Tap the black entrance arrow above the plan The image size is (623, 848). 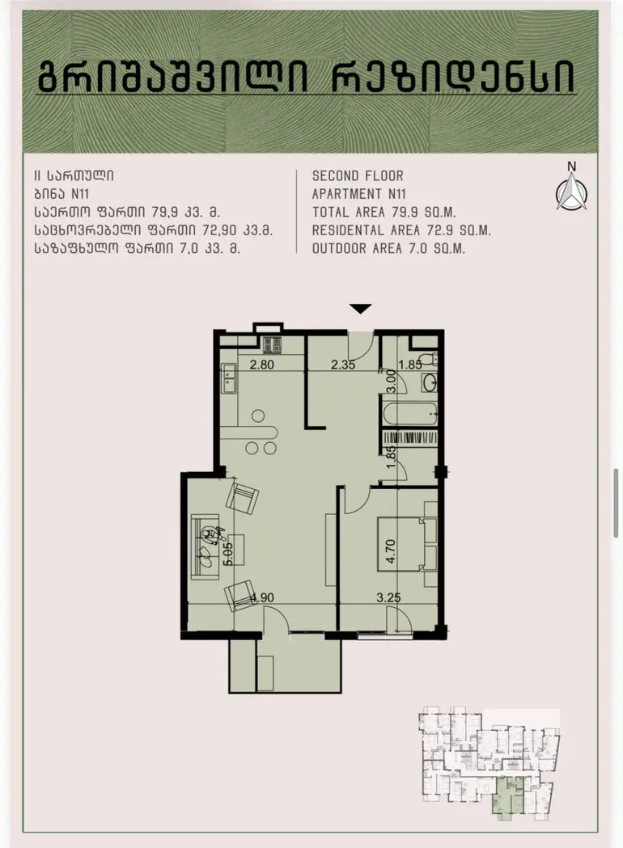click(x=361, y=309)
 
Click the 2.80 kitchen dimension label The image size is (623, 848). click(x=261, y=365)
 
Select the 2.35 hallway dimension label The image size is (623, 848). click(x=343, y=365)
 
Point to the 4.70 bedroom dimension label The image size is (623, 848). click(x=391, y=551)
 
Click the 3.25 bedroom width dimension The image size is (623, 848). click(x=388, y=597)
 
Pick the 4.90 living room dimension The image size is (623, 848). click(x=262, y=597)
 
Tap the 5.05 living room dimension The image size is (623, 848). click(x=228, y=554)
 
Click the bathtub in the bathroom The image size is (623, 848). click(x=409, y=414)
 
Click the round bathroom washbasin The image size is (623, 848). click(x=430, y=382)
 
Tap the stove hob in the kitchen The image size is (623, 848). click(x=272, y=344)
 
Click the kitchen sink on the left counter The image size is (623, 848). click(x=228, y=378)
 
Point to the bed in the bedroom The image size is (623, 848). click(x=407, y=543)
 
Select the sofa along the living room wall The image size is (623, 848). click(x=205, y=546)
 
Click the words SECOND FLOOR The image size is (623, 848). click(x=358, y=175)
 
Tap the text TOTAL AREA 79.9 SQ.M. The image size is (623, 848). click(x=384, y=212)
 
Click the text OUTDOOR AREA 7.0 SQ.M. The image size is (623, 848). click(x=388, y=248)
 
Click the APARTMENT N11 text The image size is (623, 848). click(x=359, y=194)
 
